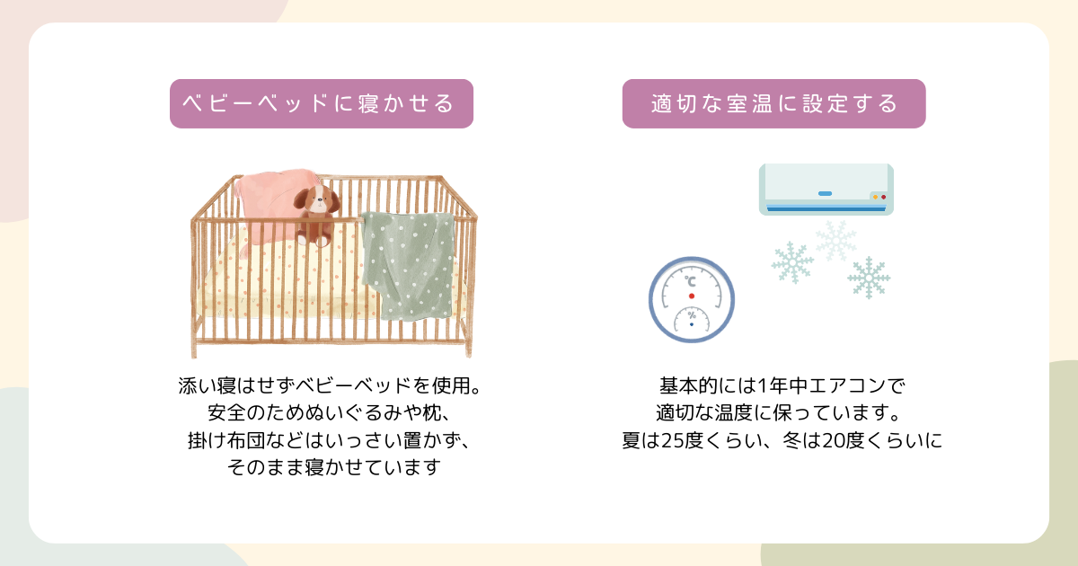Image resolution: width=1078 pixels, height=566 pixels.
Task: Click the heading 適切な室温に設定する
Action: coord(773,103)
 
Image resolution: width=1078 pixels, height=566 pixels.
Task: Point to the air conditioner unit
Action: coord(826,190)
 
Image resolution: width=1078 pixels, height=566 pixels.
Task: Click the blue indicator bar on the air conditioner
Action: coord(825,193)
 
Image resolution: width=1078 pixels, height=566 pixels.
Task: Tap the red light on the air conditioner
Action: coord(884,197)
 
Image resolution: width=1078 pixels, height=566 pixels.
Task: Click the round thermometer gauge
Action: coord(692,299)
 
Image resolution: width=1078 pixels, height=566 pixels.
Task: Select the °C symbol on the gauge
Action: coord(690,281)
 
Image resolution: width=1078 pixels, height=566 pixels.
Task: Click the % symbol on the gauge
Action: coord(692,315)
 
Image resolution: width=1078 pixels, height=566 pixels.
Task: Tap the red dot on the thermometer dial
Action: coord(692,296)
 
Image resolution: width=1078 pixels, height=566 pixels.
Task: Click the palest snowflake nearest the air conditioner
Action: coord(836,241)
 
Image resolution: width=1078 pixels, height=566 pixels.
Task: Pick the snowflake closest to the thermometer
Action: coord(792,262)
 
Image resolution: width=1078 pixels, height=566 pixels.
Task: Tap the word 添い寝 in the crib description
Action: coord(207,385)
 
